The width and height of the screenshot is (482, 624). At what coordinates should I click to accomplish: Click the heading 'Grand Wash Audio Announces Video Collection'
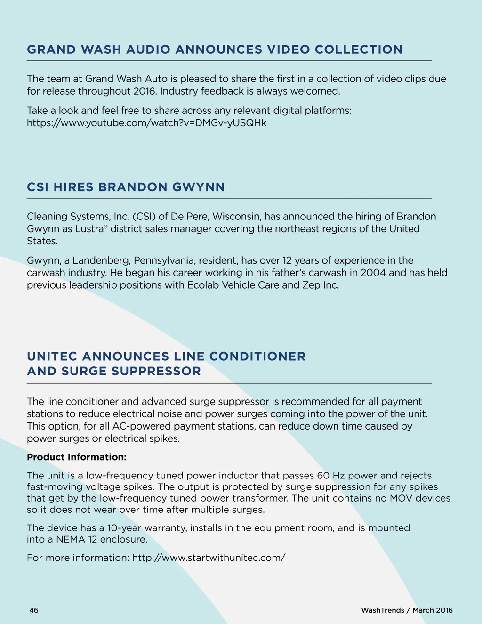(x=215, y=49)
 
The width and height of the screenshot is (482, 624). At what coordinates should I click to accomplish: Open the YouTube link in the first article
(x=146, y=123)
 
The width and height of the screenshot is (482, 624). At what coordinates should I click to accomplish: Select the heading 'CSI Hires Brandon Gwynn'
(x=126, y=187)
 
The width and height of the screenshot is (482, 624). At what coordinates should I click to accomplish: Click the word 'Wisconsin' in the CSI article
(x=236, y=216)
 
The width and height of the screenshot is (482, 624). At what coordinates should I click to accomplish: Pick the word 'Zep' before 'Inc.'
(x=311, y=285)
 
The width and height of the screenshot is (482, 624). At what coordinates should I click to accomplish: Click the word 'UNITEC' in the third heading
(x=52, y=356)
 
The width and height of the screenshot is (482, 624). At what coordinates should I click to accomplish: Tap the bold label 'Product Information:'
(x=77, y=457)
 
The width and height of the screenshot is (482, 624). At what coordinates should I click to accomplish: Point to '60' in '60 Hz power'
(x=323, y=476)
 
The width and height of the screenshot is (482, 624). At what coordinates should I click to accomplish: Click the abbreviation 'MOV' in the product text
(x=401, y=498)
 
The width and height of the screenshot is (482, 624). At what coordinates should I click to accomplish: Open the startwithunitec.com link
(x=209, y=558)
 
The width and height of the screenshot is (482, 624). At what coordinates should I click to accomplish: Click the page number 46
(x=34, y=610)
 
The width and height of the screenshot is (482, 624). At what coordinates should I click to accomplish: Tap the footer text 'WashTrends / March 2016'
(x=407, y=610)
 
